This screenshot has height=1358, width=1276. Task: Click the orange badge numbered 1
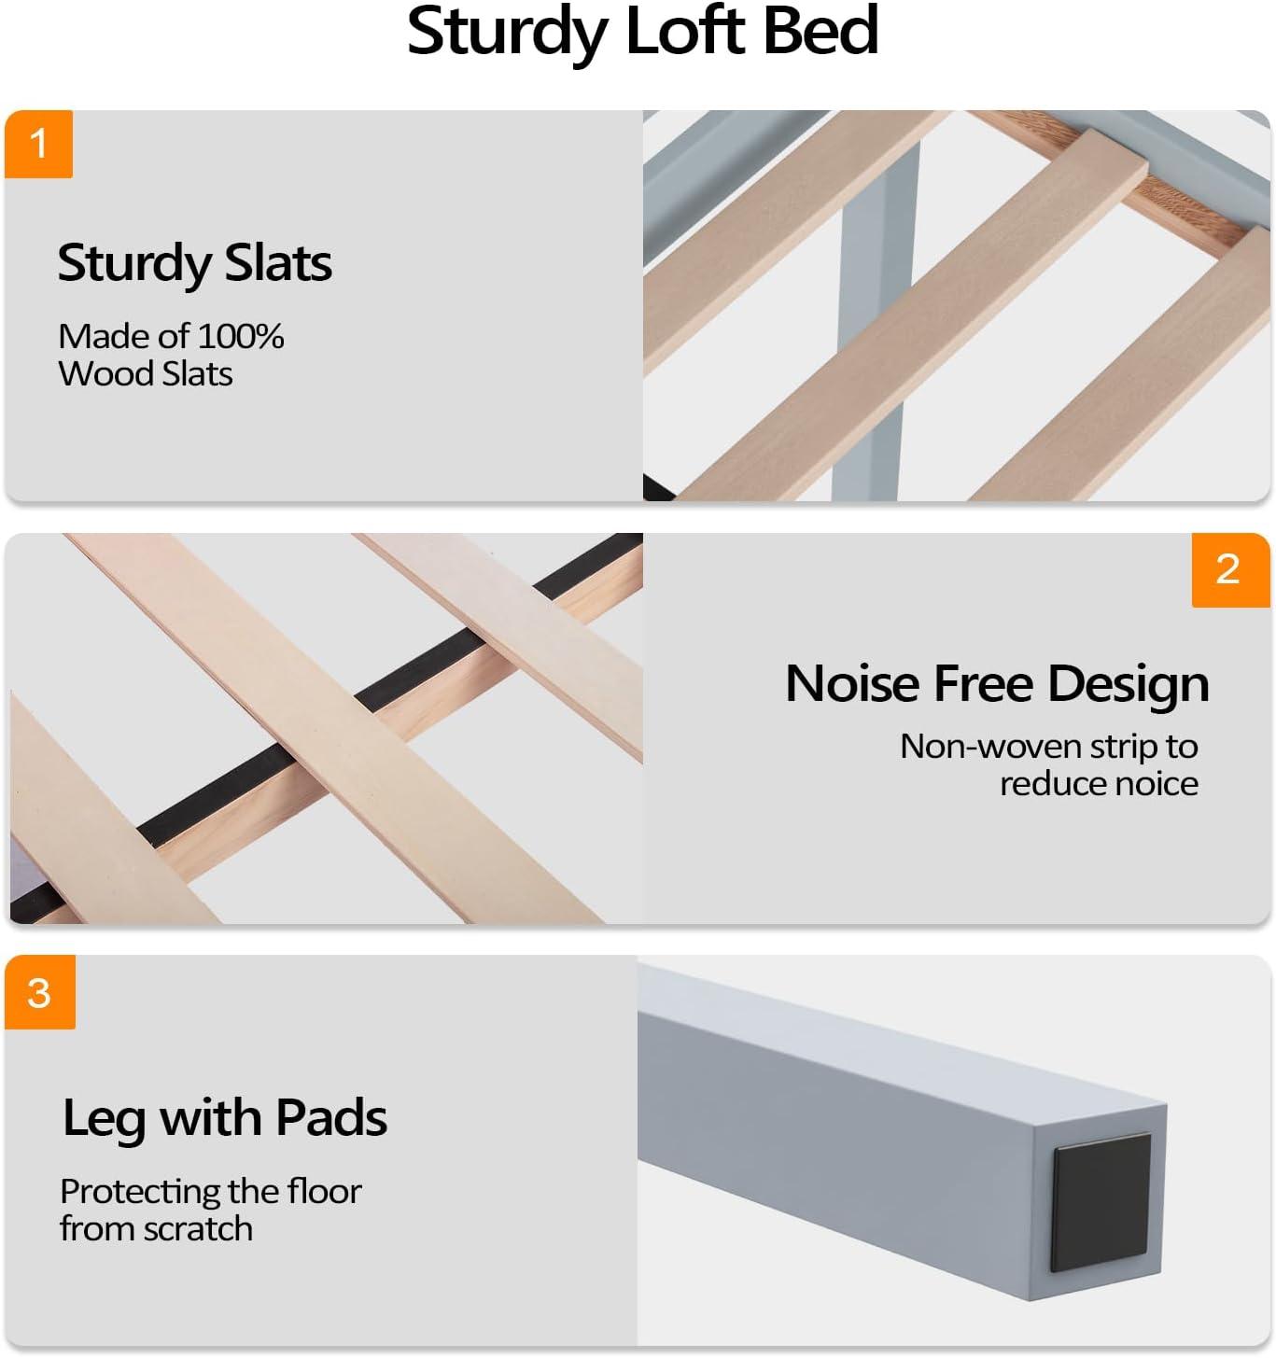tap(38, 144)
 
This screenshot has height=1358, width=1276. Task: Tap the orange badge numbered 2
tap(1230, 569)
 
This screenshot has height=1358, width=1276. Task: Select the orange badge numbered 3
tap(40, 992)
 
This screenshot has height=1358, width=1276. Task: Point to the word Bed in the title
tap(820, 31)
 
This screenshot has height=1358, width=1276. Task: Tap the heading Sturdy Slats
tap(195, 263)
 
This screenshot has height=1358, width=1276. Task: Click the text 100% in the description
tap(241, 336)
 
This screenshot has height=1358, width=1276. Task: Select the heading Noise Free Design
tap(997, 685)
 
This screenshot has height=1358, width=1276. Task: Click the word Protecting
tap(133, 1193)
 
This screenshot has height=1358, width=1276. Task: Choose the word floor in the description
tap(324, 1191)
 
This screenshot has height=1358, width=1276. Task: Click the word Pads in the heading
tap(331, 1117)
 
